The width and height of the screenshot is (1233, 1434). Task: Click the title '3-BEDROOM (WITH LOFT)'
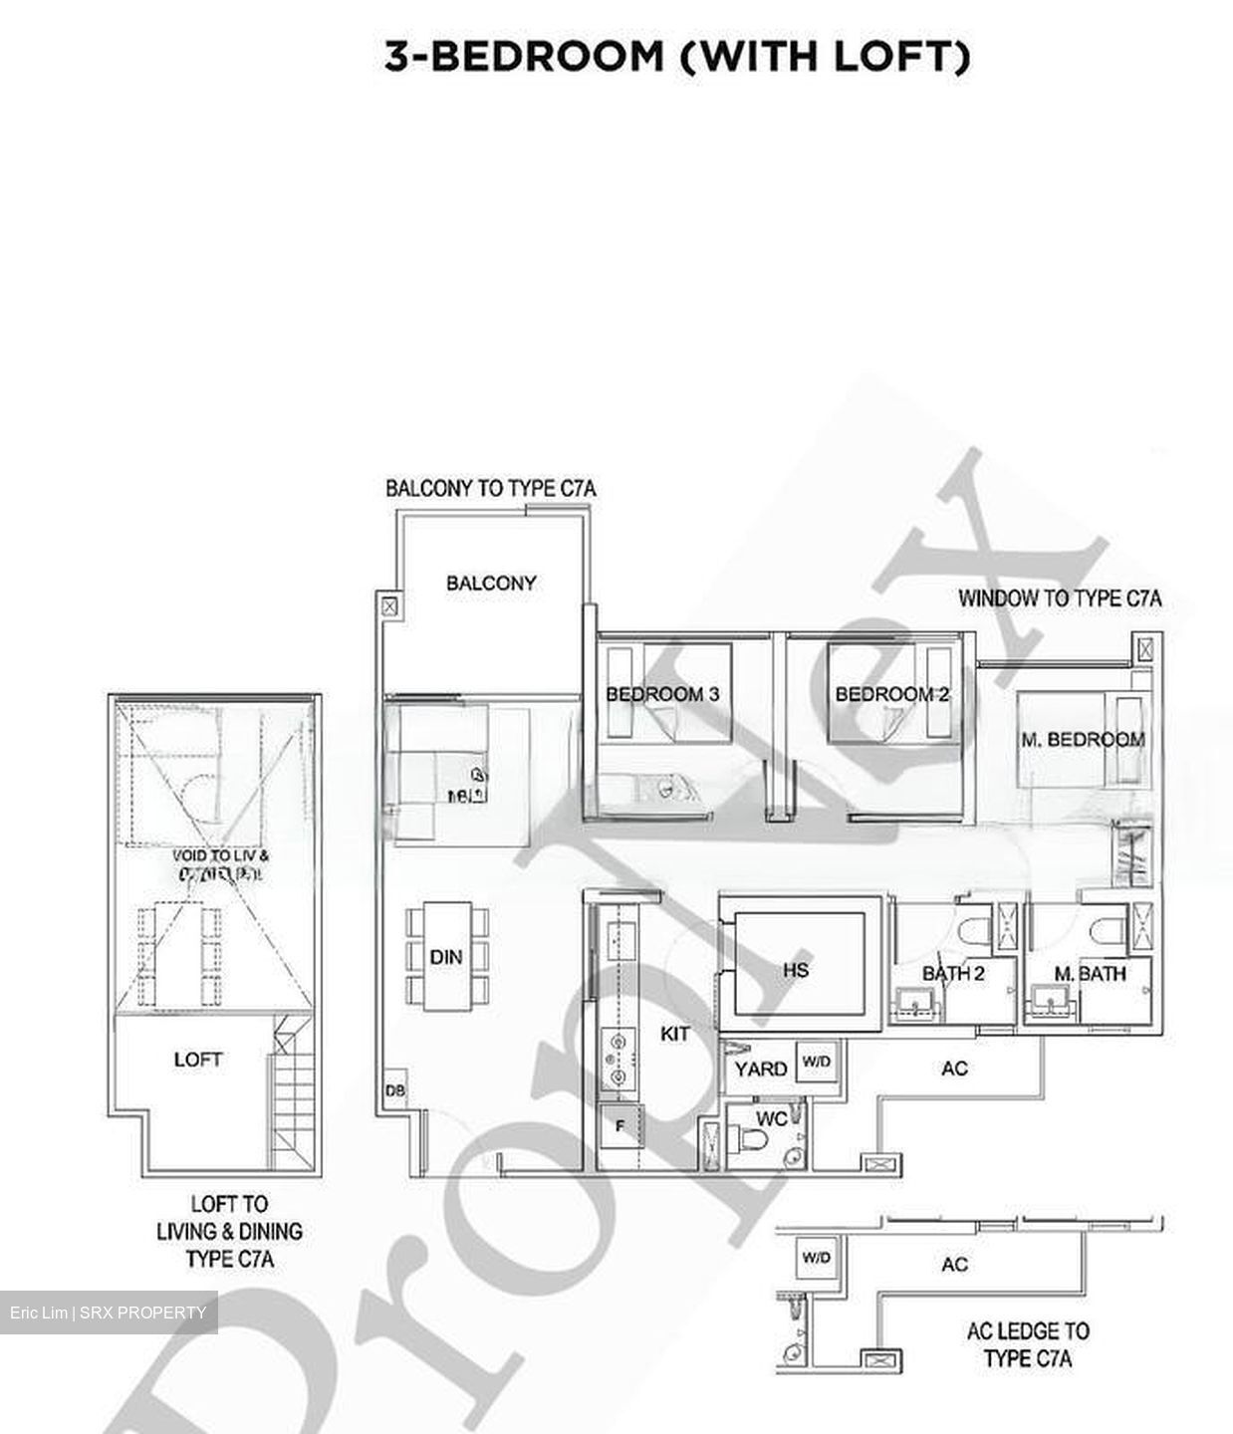point(677,57)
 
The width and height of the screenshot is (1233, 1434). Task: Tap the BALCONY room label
point(491,583)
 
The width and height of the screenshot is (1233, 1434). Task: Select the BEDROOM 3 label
point(662,694)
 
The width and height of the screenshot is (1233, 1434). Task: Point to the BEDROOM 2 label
point(891,694)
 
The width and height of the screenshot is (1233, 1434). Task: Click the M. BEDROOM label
point(1083,739)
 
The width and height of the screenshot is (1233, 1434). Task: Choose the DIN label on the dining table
point(446,957)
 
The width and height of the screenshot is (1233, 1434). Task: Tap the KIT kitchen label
point(674,1035)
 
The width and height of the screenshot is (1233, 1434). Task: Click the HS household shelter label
point(796,969)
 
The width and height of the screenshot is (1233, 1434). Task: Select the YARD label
point(761,1069)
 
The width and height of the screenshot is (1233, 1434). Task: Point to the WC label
point(771,1118)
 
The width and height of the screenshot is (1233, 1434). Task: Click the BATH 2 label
point(952,973)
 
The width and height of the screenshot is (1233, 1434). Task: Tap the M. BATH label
point(1090,973)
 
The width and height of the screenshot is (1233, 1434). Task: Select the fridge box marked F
point(620,1127)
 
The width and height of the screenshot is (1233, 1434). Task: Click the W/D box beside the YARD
point(816,1062)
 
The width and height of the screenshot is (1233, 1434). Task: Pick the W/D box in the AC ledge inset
point(816,1258)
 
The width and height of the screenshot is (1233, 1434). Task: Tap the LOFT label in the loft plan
point(197,1060)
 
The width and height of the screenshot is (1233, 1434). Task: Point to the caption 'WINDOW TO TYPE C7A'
point(1060,598)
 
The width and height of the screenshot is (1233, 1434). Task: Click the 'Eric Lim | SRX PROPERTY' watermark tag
point(109,1313)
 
